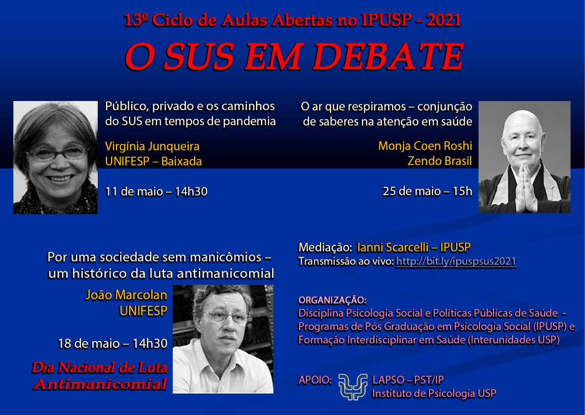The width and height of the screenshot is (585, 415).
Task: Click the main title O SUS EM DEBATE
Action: [x=294, y=57]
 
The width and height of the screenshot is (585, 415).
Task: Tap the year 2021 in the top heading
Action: [x=444, y=20]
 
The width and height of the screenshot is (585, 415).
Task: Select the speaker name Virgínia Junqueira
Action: [x=152, y=146]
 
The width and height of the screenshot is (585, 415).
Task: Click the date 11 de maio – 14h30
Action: [x=156, y=192]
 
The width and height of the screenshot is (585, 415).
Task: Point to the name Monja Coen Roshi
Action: [x=425, y=146]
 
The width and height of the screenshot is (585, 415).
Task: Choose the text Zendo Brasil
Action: [x=440, y=161]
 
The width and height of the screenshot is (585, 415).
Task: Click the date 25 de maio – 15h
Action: [x=427, y=192]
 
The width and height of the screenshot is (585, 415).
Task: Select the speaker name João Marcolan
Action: [x=126, y=295]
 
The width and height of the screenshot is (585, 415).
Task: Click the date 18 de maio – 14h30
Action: [x=112, y=343]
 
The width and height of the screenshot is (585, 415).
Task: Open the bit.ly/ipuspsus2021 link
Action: [x=456, y=262]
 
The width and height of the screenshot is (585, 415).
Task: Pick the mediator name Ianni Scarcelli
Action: [x=393, y=247]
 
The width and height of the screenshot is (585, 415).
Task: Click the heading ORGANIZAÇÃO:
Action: [x=332, y=300]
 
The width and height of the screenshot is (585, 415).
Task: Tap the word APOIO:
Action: [x=315, y=380]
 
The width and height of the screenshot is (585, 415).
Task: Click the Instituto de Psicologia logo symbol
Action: [x=352, y=387]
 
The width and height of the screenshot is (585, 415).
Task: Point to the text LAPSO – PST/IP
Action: [x=408, y=380]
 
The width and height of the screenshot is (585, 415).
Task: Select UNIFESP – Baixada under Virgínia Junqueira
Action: [x=153, y=161]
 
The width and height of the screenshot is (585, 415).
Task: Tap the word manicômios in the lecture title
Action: [x=225, y=257]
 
